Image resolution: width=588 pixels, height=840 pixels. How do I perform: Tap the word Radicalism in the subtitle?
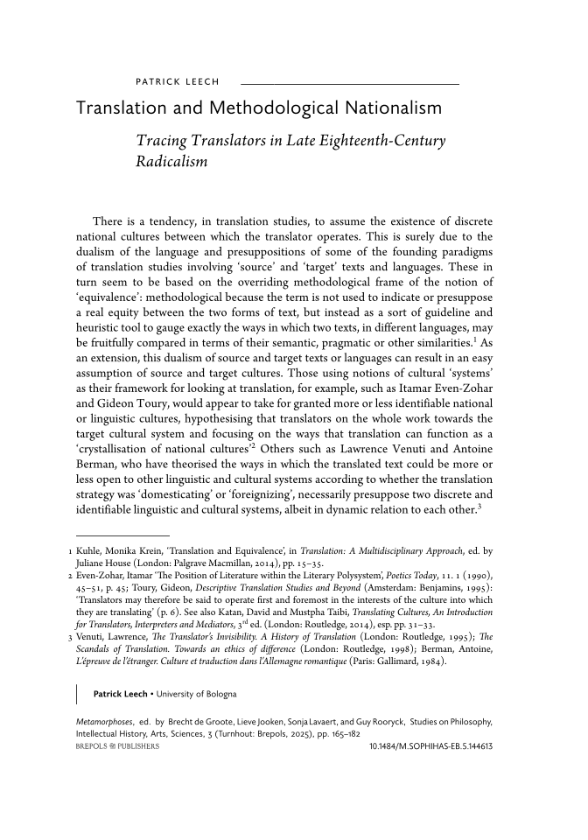pyautogui.click(x=171, y=162)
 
